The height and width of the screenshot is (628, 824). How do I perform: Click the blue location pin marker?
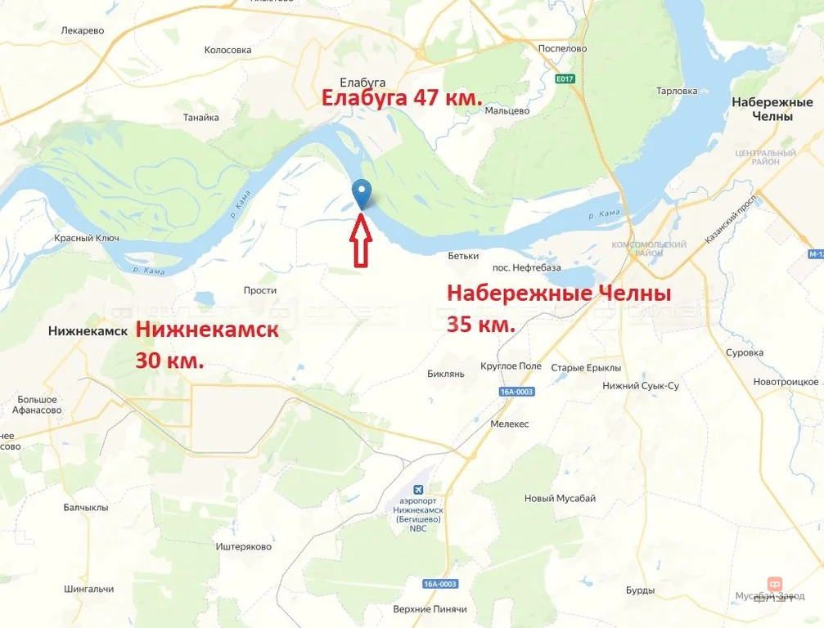[362, 194]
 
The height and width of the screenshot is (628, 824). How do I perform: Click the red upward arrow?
[361, 241]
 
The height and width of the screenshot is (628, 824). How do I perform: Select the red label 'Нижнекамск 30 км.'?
[206, 343]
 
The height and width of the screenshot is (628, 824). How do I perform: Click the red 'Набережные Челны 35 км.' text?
[559, 307]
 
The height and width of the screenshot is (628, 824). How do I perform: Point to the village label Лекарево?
[83, 30]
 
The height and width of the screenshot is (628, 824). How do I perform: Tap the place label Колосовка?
[227, 50]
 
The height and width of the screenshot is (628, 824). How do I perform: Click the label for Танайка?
[201, 117]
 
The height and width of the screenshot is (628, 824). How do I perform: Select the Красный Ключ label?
[87, 238]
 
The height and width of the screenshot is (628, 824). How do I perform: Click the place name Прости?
[260, 290]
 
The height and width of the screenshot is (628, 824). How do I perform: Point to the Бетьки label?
[463, 256]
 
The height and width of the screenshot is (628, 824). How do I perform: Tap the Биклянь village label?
[446, 374]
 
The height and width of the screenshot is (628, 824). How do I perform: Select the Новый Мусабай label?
[561, 498]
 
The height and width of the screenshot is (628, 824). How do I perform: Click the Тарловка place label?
[677, 91]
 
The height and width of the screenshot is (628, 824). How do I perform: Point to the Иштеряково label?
[243, 546]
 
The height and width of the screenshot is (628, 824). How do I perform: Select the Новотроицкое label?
[786, 382]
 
